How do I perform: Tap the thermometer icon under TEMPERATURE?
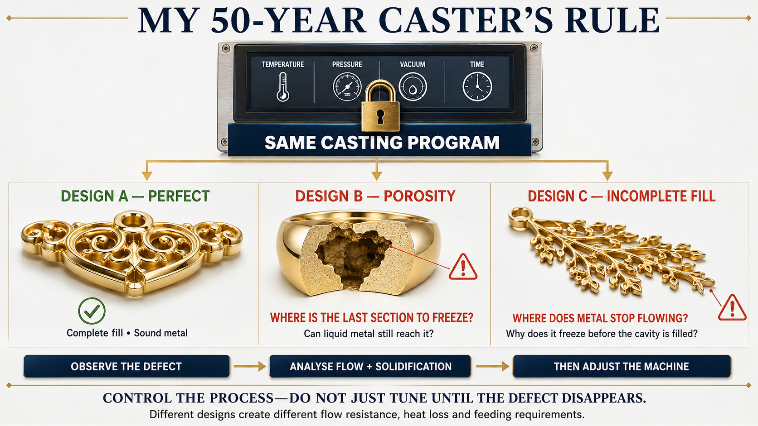pos(282,87)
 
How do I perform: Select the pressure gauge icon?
pos(347,87)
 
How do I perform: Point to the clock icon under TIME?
pos(477,86)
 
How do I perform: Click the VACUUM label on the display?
pos(412,64)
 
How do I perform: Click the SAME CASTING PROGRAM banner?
pos(379,142)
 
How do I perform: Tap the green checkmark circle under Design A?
pos(92,311)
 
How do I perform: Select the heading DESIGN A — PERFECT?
pos(136,196)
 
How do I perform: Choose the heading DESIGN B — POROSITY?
pos(375,196)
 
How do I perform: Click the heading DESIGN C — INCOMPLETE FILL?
pos(621,196)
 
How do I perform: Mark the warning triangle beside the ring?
pos(463,267)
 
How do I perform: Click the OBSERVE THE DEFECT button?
pos(126,366)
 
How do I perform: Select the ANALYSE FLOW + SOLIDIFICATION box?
pos(370,366)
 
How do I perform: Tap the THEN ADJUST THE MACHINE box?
pos(622,366)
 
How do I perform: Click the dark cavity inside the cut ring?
pos(352,257)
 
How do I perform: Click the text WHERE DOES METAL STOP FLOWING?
pos(600,318)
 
